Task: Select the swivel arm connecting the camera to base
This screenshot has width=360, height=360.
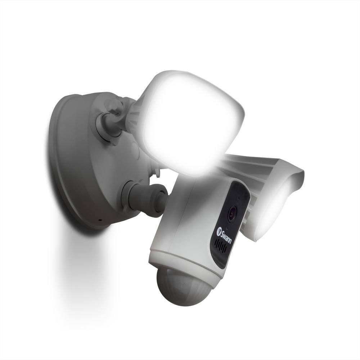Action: click(x=144, y=198)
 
